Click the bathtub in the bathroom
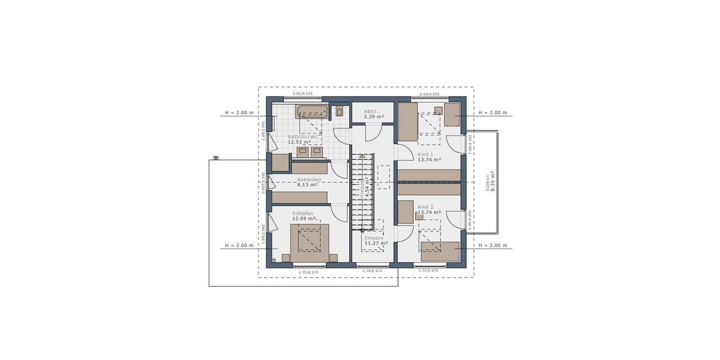tap(311, 111)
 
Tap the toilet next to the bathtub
tap(340, 111)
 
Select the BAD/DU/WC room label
tap(303, 136)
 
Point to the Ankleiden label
tap(309, 179)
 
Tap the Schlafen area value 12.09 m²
tap(304, 219)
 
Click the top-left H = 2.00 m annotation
tap(239, 112)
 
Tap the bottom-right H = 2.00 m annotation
tap(492, 245)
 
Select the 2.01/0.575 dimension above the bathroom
tap(302, 94)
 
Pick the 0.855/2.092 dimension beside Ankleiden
tap(263, 183)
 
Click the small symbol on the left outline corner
tap(215, 158)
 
